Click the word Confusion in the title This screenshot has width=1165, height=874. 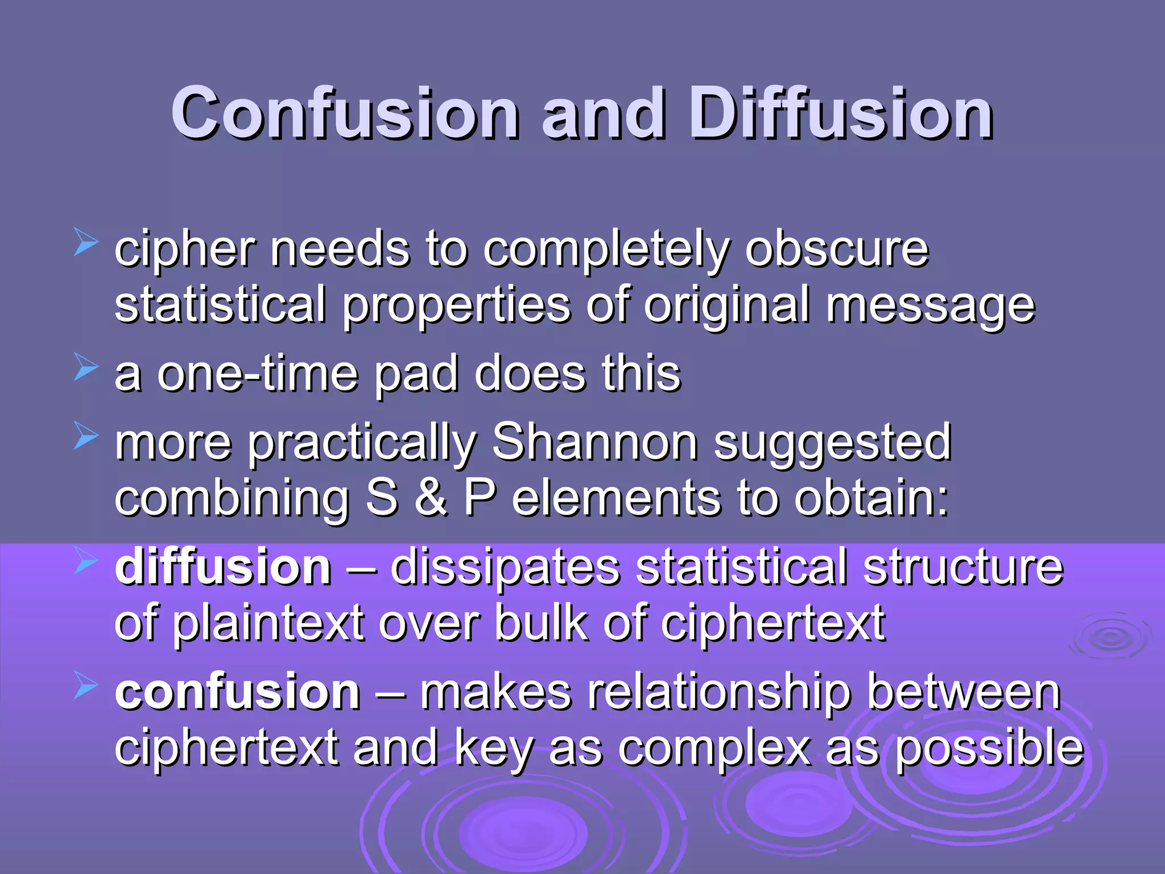pyautogui.click(x=345, y=113)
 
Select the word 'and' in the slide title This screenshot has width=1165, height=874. pyautogui.click(x=603, y=113)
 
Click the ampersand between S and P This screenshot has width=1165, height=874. pyautogui.click(x=431, y=498)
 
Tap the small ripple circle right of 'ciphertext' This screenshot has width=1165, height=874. pyautogui.click(x=1110, y=637)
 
